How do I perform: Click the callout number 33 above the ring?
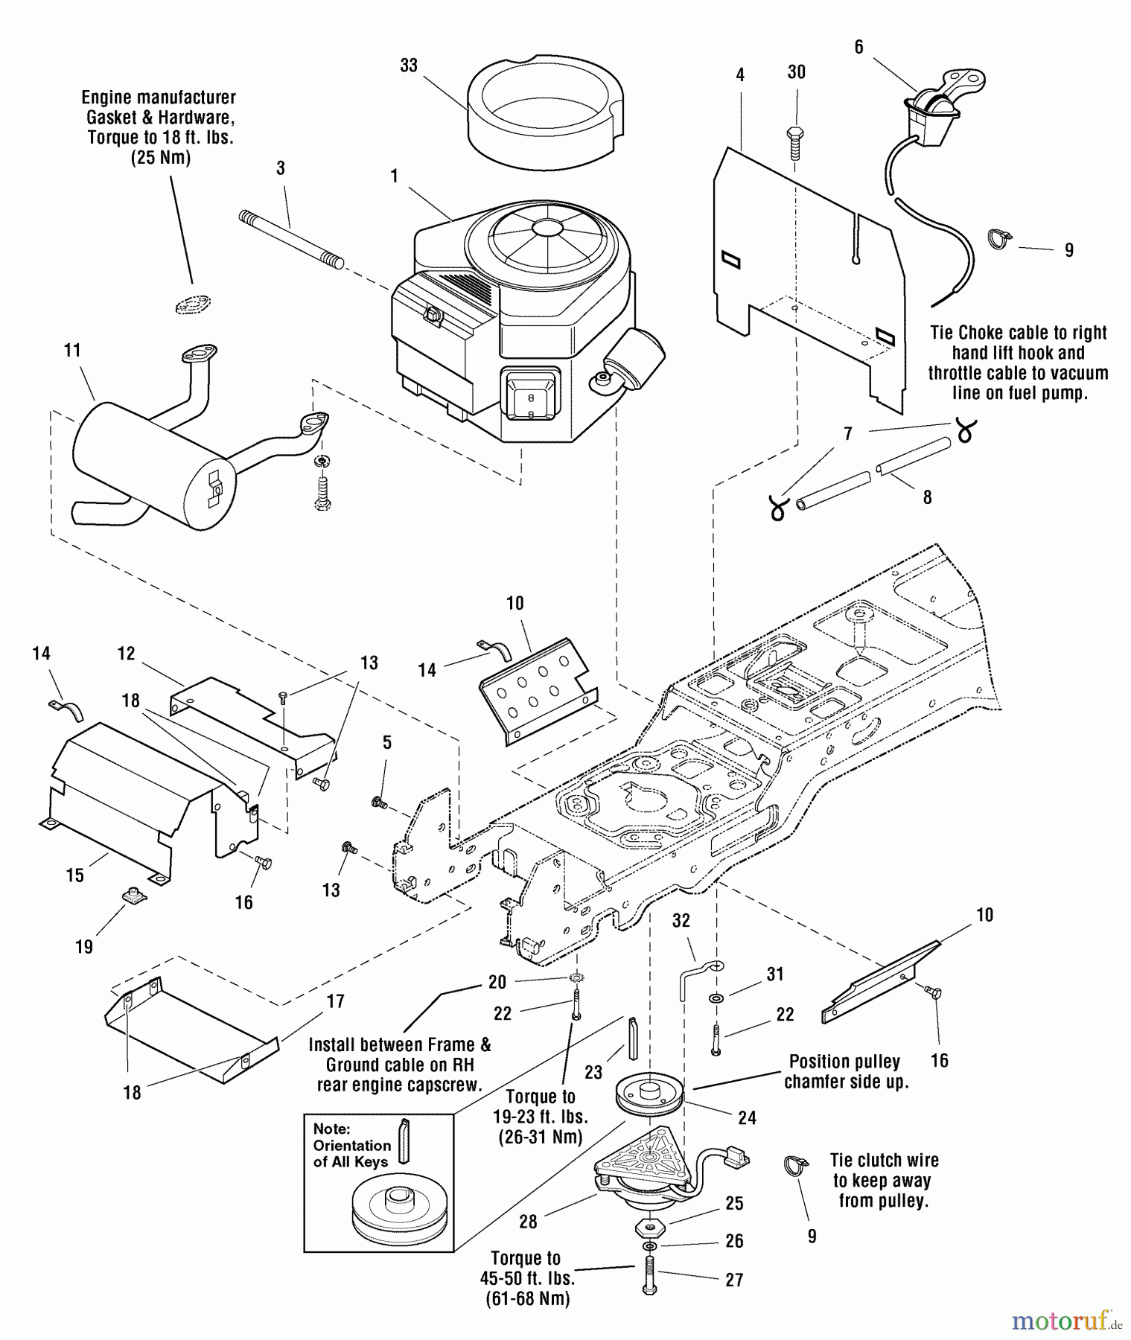[409, 66]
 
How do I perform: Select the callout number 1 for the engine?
[394, 176]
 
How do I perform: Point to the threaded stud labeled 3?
[291, 238]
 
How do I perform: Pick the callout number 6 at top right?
[858, 48]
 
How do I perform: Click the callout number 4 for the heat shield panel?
[740, 74]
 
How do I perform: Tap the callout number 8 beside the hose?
[927, 497]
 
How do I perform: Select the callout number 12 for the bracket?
[126, 654]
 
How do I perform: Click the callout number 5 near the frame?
[386, 742]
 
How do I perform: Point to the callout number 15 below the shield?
[75, 875]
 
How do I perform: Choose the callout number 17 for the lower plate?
[336, 1002]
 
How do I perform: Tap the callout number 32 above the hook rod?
[681, 921]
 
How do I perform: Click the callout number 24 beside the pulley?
[747, 1117]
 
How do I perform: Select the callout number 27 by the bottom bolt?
[734, 1280]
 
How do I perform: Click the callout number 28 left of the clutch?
[529, 1222]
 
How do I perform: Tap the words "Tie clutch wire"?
[884, 1161]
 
